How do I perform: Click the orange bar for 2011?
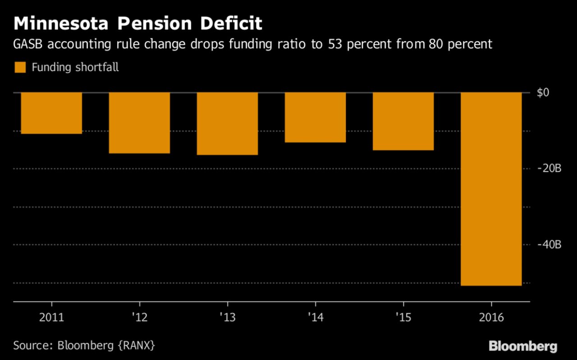coord(51,113)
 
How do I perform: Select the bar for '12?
coord(139,123)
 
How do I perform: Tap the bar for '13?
coord(227,124)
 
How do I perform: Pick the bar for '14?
coord(315,118)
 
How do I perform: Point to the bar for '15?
coord(403,121)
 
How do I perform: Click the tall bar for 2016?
coord(491,189)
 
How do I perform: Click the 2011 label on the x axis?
coord(51,317)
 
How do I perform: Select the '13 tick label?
coord(227,317)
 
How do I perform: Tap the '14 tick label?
coord(315,317)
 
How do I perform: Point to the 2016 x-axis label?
coord(491,317)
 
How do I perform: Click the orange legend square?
coord(20,68)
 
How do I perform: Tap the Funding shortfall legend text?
coord(75,68)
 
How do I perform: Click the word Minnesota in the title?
coord(60,23)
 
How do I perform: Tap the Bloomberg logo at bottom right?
coord(523,346)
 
